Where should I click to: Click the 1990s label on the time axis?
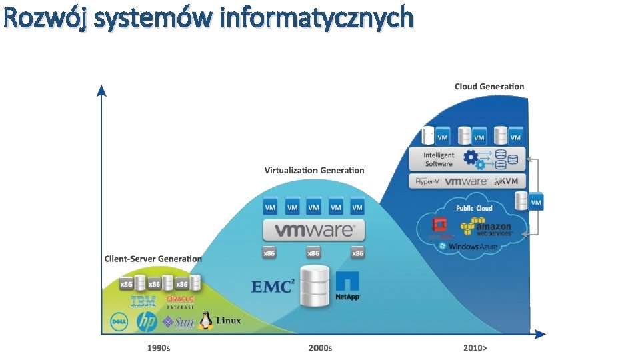tap(158, 348)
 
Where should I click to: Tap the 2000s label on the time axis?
tap(320, 348)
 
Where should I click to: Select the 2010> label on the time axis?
tap(475, 348)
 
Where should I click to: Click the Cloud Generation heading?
tap(489, 87)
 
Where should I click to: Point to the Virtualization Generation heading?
tap(314, 171)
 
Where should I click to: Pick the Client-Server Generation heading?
tap(153, 259)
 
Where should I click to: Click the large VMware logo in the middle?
tap(314, 231)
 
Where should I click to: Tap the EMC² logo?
tap(273, 287)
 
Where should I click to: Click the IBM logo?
tap(143, 302)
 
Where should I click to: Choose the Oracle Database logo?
tap(180, 303)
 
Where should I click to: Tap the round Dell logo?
tap(119, 322)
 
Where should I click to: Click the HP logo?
tap(147, 322)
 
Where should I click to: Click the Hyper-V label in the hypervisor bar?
tap(427, 181)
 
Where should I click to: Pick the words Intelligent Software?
tap(439, 159)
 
